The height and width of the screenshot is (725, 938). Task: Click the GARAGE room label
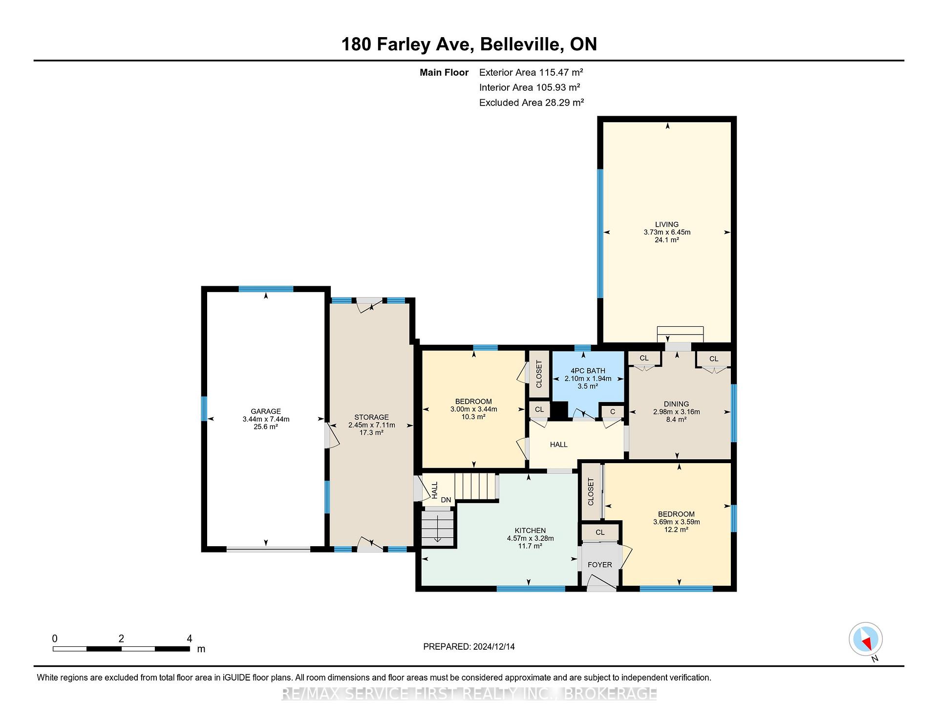(266, 411)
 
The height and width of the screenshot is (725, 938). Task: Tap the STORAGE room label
(371, 417)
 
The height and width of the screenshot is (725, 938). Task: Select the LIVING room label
(667, 225)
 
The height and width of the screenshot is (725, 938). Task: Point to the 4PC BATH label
(588, 371)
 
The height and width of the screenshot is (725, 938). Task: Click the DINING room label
(676, 404)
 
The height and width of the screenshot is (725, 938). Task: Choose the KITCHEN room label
(530, 531)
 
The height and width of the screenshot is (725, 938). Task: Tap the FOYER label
(599, 565)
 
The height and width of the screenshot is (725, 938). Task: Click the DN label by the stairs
(446, 500)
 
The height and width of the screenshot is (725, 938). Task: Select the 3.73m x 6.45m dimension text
(667, 232)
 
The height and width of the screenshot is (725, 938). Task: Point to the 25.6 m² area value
(266, 426)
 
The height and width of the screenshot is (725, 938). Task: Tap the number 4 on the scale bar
(190, 639)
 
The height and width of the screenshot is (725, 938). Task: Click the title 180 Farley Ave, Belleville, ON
(469, 44)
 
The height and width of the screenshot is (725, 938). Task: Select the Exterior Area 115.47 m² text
(531, 72)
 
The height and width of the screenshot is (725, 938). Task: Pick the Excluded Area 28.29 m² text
(532, 103)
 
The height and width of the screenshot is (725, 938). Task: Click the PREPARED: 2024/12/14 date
(469, 646)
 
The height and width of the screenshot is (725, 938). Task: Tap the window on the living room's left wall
(600, 234)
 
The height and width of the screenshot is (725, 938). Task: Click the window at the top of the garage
(266, 289)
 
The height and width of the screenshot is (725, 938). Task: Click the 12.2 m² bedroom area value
(676, 529)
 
